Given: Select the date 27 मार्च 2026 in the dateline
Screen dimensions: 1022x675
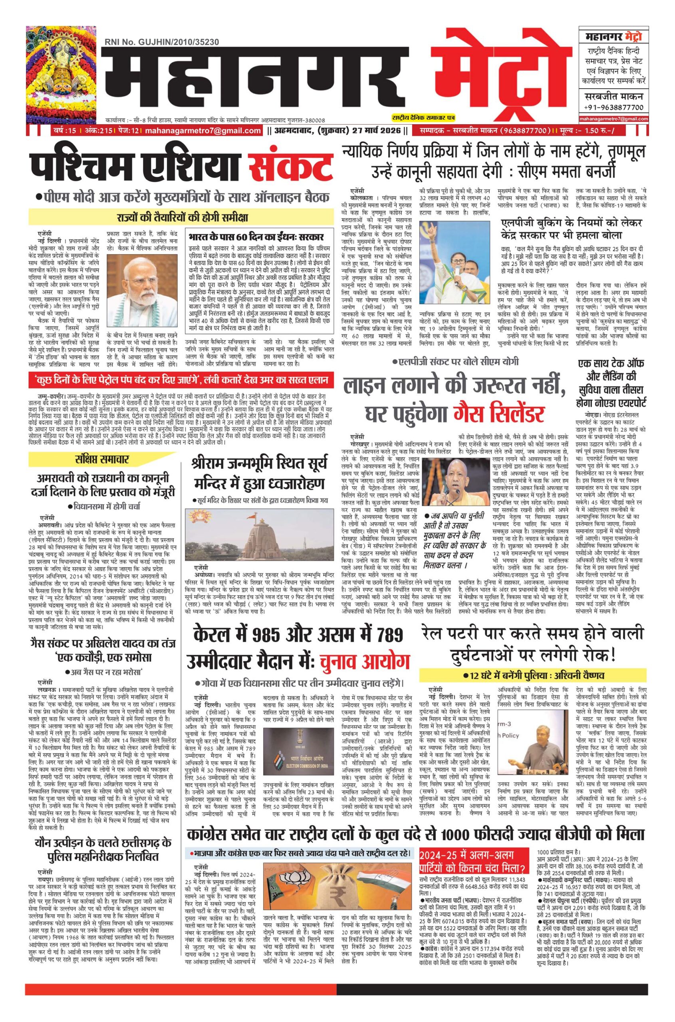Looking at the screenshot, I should (x=377, y=131).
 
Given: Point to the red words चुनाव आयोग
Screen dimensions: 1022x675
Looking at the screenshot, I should (x=364, y=662).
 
